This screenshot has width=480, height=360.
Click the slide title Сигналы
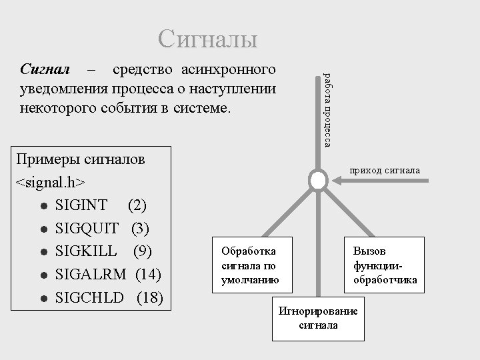(207, 39)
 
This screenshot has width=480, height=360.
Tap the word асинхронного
(231, 69)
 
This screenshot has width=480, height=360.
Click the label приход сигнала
(385, 171)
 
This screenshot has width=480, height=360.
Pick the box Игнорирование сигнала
(318, 319)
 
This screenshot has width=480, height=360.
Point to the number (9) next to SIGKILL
(142, 251)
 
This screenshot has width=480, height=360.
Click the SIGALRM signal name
(93, 275)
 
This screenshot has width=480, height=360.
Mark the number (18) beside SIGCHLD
(149, 297)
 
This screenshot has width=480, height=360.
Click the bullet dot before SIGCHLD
(43, 298)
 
